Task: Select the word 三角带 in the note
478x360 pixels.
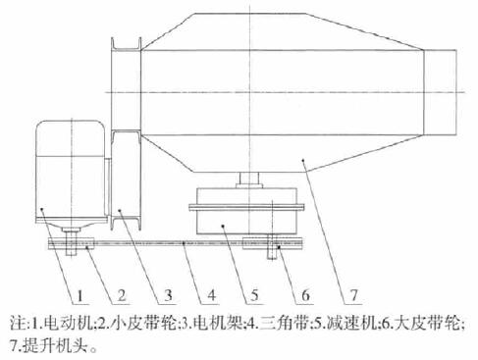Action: click(278, 322)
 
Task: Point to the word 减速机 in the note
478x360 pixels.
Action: click(343, 322)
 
